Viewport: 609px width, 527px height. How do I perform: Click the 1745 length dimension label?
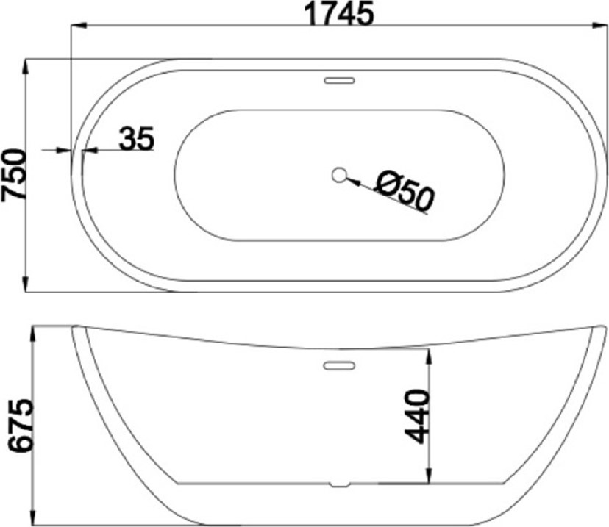click(x=338, y=13)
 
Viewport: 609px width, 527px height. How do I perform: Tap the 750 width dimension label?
click(x=14, y=175)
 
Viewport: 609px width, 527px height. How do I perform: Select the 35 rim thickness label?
click(x=136, y=138)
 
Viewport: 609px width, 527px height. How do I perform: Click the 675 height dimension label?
click(x=21, y=425)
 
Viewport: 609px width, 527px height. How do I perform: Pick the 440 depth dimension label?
click(x=417, y=417)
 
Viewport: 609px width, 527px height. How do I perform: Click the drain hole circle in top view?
click(x=339, y=175)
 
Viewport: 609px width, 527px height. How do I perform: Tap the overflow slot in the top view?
click(x=340, y=80)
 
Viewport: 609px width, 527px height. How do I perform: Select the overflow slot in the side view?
click(x=340, y=365)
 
